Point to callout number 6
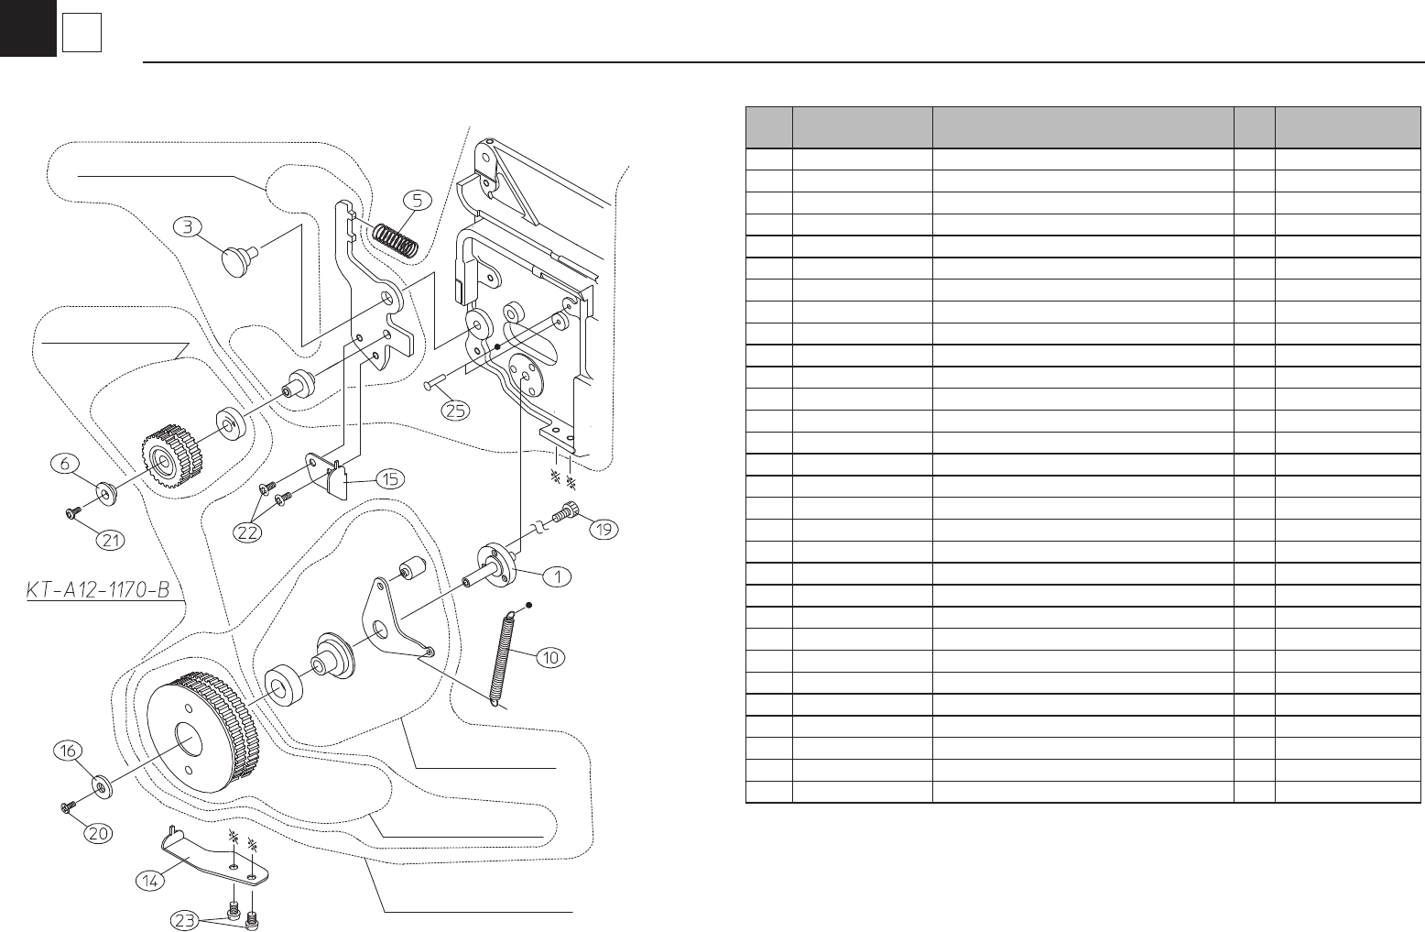(65, 465)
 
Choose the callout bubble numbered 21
(111, 540)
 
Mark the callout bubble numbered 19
(603, 528)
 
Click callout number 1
(557, 576)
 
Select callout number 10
(552, 656)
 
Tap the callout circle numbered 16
(67, 751)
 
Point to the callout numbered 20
(99, 833)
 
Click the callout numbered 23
(186, 920)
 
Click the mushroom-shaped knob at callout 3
(238, 258)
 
